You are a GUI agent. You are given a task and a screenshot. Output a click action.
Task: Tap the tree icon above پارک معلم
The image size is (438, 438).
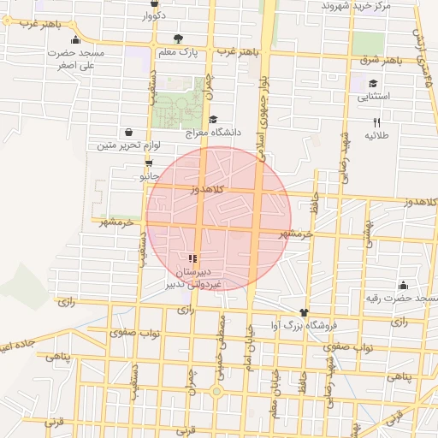click(178, 38)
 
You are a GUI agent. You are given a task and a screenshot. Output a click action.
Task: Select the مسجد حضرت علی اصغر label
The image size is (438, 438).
click(76, 58)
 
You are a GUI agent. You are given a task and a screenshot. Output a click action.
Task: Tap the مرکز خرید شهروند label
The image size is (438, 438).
click(355, 6)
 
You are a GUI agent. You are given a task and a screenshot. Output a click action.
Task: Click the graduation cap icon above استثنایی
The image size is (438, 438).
click(373, 84)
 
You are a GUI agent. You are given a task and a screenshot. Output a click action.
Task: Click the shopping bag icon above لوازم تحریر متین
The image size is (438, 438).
click(128, 133)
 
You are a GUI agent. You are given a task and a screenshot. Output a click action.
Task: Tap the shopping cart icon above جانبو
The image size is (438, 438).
click(149, 163)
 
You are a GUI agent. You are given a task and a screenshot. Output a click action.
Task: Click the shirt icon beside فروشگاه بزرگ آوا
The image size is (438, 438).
click(303, 313)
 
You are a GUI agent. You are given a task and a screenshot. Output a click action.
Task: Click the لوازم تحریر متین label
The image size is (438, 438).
click(116, 145)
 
